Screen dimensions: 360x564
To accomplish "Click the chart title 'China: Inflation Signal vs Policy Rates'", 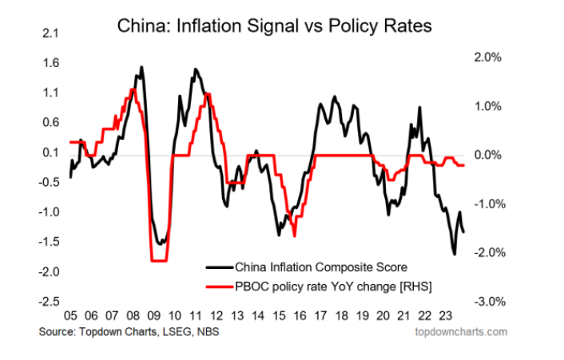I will click(x=275, y=26).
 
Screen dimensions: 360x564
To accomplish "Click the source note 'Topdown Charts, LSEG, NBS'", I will click(x=141, y=331).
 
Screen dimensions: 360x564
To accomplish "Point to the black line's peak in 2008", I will click(x=141, y=67).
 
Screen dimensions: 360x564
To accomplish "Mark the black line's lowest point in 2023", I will click(x=454, y=254).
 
